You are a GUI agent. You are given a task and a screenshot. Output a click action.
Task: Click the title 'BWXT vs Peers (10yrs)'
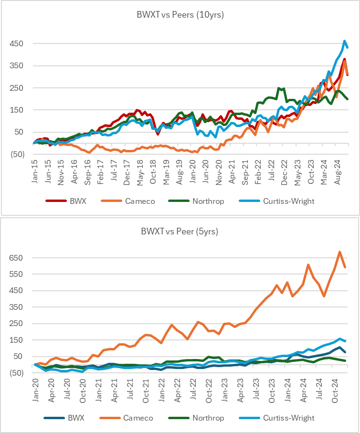[180, 15]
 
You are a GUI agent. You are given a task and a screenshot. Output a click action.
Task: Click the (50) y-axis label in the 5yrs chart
[18, 373]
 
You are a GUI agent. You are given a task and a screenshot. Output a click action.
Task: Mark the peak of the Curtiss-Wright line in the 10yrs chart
[344, 41]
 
